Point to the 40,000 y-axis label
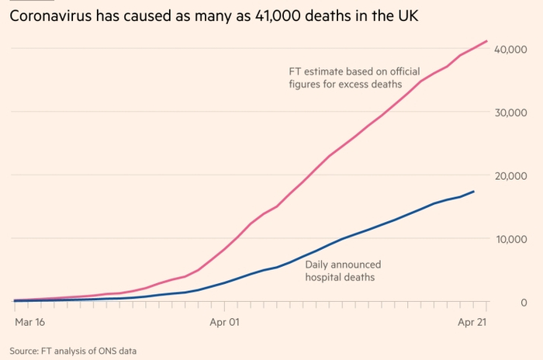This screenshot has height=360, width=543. (x=513, y=50)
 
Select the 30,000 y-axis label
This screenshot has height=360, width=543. (x=513, y=112)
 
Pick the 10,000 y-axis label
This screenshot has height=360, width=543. (x=513, y=239)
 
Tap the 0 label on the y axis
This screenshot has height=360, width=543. (x=524, y=302)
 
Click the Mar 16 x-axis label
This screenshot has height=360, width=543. (x=29, y=320)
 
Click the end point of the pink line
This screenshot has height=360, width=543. (x=487, y=41)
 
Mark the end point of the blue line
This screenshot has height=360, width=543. (x=474, y=192)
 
